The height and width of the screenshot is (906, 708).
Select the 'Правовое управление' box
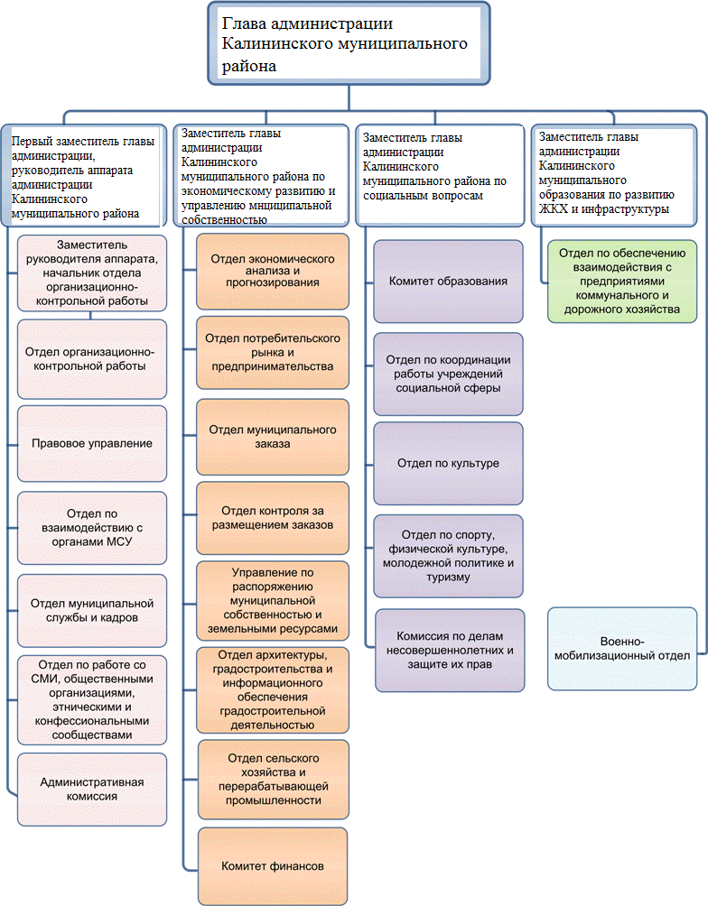(92, 444)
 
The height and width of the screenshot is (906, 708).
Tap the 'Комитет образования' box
(448, 282)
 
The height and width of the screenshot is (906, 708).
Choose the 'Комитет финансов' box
(273, 866)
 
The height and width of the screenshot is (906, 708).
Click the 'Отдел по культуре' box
(448, 464)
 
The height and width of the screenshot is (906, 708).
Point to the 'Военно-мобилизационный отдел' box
(623, 650)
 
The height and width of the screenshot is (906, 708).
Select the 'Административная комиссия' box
(92, 790)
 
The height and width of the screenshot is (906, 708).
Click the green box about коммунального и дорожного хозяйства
(623, 280)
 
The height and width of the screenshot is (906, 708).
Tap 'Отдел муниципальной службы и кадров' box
(92, 611)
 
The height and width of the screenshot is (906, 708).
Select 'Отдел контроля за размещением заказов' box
(273, 519)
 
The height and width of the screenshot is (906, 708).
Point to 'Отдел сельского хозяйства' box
(273, 779)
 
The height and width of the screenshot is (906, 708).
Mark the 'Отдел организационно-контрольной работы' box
(92, 358)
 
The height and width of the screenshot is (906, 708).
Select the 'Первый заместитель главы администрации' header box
(85, 178)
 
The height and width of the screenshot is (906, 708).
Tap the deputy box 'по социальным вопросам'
(441, 174)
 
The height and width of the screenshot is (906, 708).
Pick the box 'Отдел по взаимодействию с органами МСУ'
(92, 528)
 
